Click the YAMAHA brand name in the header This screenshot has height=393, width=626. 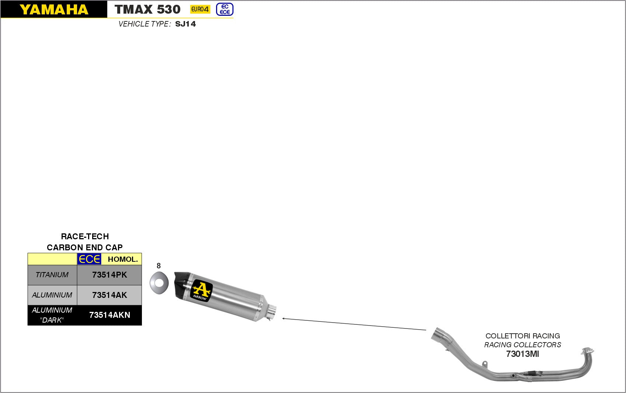tap(54, 10)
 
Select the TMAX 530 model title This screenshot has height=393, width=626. tap(147, 10)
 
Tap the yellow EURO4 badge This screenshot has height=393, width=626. tap(200, 9)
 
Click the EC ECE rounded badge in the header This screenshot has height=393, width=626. tap(225, 9)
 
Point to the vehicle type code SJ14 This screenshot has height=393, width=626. tap(185, 24)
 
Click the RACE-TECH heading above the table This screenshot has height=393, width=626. tap(85, 236)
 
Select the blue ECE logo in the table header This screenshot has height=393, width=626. tap(89, 259)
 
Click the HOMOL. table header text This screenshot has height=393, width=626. tap(123, 259)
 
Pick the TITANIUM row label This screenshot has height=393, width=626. tap(52, 275)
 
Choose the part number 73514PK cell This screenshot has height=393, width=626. tap(109, 275)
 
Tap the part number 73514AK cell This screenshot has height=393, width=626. tap(109, 295)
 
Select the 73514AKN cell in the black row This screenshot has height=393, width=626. tap(109, 315)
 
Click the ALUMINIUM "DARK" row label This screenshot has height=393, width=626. tap(52, 315)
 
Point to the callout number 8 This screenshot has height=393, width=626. tap(159, 266)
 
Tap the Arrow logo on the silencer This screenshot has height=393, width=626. tap(201, 291)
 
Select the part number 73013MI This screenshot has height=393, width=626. tap(522, 354)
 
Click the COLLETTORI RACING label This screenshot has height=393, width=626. tap(522, 336)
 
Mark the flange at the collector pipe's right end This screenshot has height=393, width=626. tap(587, 351)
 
